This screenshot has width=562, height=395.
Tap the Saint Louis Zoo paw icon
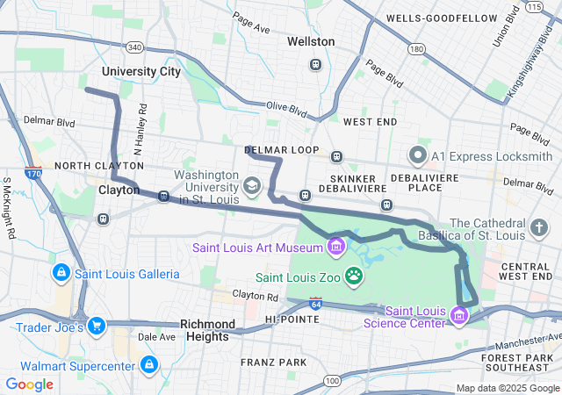(354, 277)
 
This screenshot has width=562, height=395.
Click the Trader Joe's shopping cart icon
(97, 327)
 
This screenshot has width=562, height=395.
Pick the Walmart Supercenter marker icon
(149, 363)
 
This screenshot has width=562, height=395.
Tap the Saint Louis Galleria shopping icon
(61, 273)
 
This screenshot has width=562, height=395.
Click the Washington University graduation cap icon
(252, 185)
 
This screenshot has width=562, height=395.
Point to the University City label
(140, 71)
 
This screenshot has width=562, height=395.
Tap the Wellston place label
(311, 41)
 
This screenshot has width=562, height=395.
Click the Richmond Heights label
(207, 330)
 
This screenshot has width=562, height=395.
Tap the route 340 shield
(134, 47)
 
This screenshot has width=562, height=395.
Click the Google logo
(30, 384)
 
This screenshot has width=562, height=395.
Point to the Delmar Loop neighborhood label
(281, 150)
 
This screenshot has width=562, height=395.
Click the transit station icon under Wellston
(315, 64)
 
